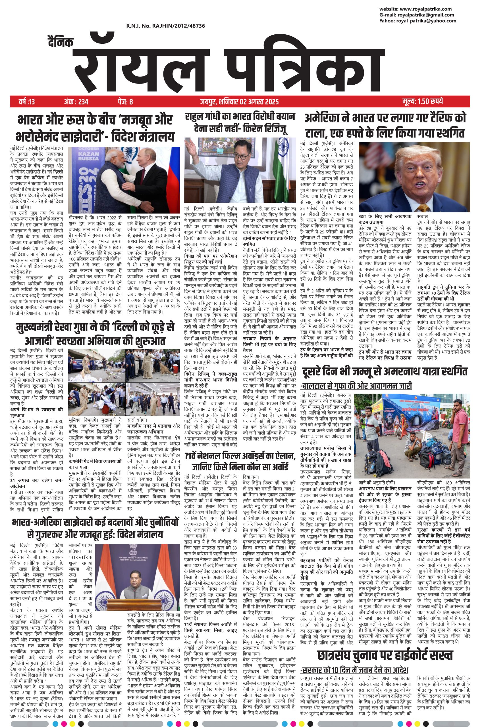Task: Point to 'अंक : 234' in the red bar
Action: point(76,101)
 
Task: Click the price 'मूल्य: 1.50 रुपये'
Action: point(423,101)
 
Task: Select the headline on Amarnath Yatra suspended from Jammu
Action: point(385,372)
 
